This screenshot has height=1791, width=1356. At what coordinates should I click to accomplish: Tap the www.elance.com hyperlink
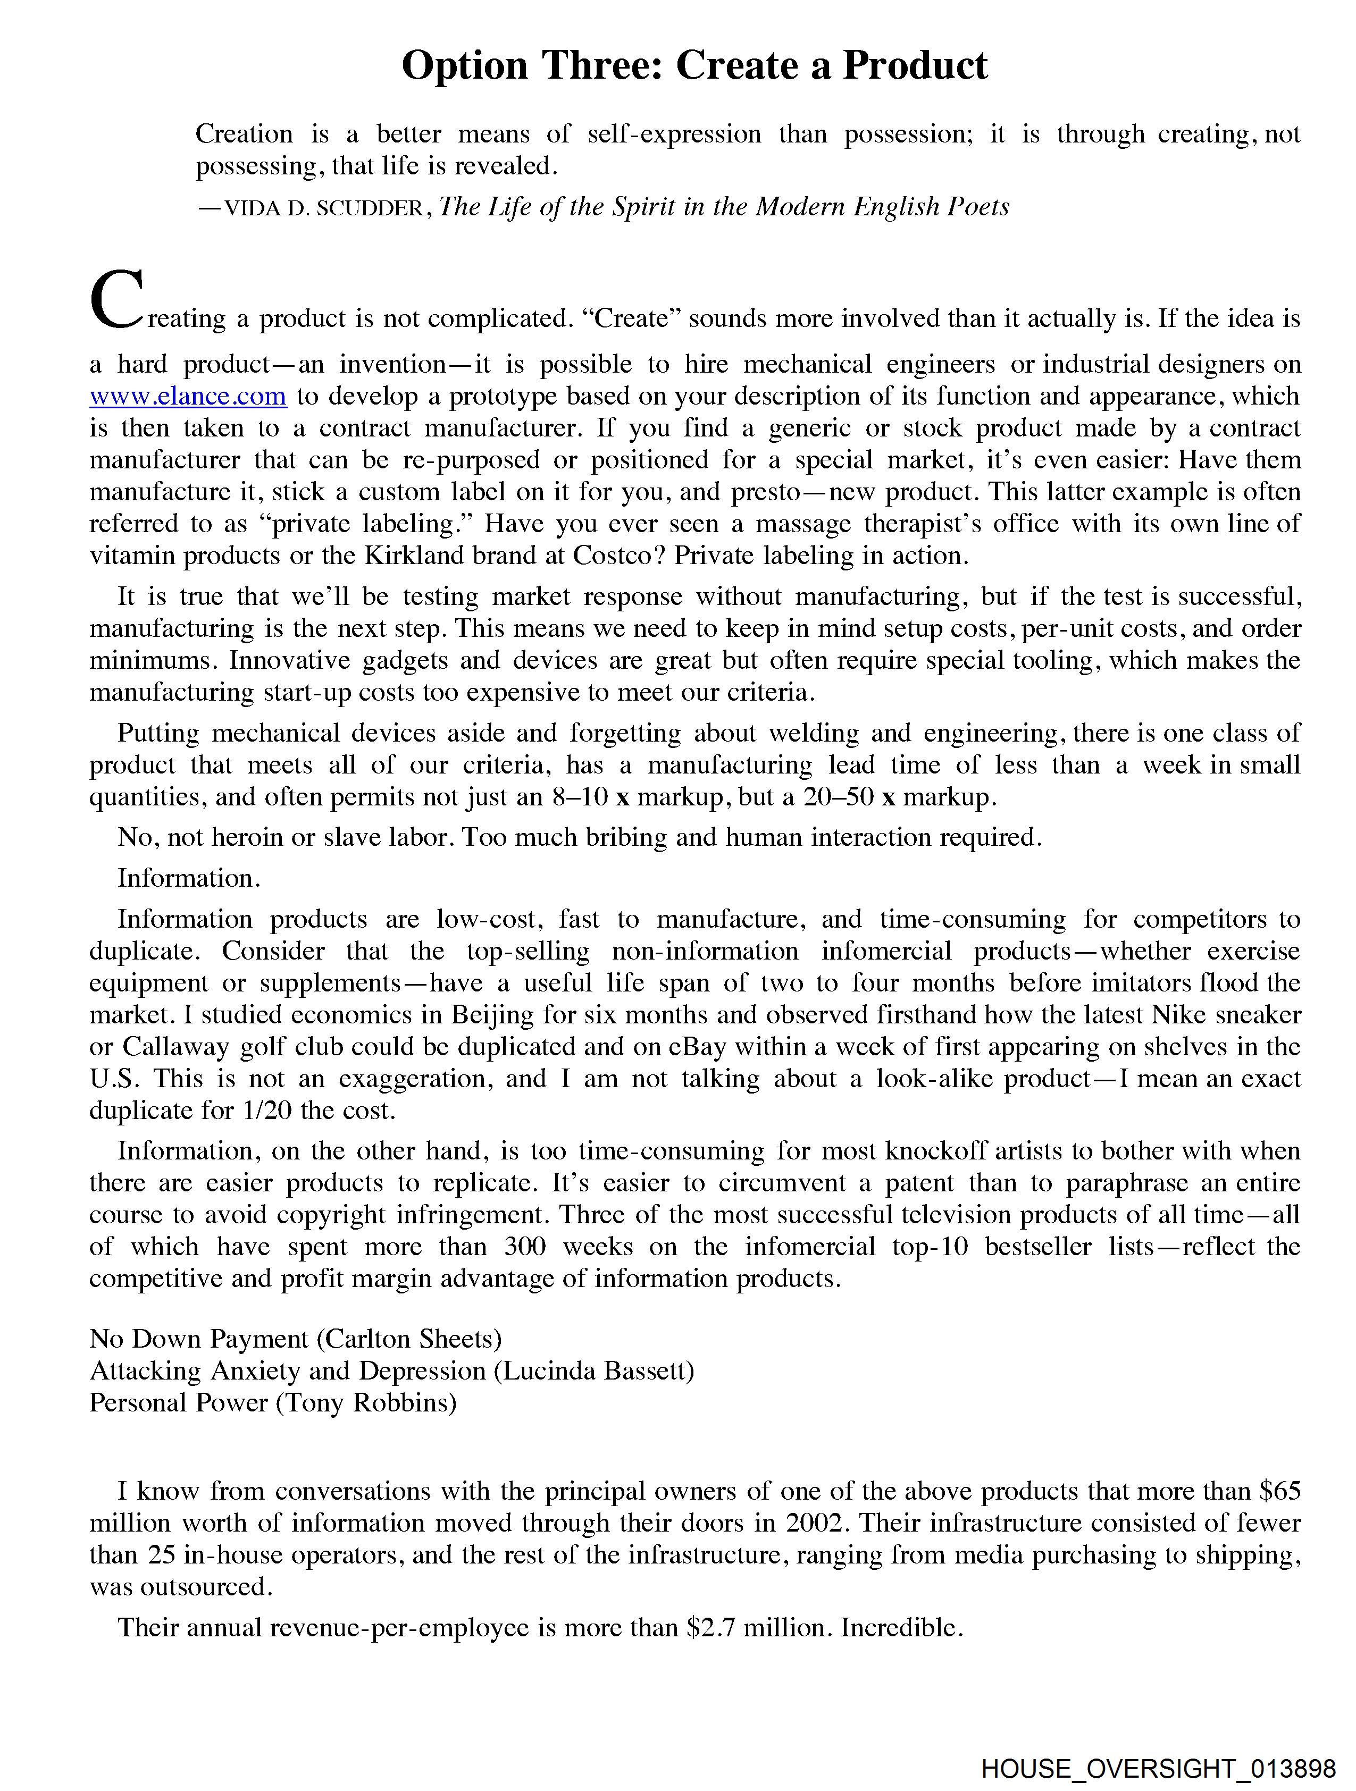[x=188, y=396]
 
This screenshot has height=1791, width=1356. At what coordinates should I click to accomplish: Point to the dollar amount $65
[x=1280, y=1491]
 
